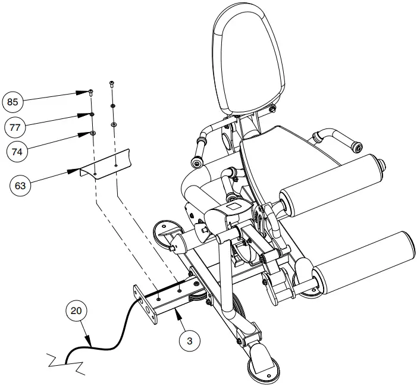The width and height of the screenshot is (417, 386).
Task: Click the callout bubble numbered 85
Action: click(12, 102)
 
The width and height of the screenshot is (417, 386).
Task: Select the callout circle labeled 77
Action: click(17, 127)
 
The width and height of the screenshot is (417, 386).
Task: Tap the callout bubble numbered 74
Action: click(17, 152)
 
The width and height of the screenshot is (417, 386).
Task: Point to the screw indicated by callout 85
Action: click(90, 92)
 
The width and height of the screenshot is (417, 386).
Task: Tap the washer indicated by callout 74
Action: click(93, 133)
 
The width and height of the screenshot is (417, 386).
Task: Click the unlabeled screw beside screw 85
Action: click(112, 84)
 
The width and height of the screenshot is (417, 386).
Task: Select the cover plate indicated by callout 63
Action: click(110, 163)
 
